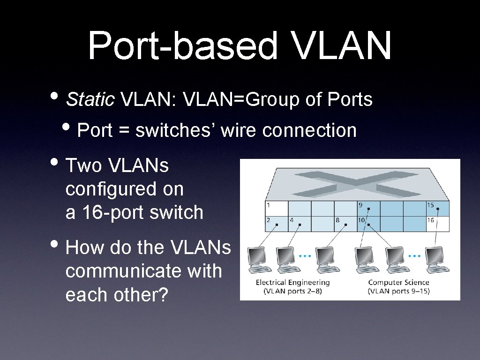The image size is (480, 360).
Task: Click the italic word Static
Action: coord(90,99)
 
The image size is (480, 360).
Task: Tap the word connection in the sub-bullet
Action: coord(309,130)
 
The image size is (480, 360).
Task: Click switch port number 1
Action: coord(276,208)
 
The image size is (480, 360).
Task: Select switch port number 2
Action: coord(276,223)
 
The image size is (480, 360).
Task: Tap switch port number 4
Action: coord(300,223)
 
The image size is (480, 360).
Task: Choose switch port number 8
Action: coord(345,223)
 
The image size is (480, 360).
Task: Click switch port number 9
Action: coord(368,208)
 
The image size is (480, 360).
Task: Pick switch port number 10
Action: coord(368,223)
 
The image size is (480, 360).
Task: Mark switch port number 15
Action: coord(438,208)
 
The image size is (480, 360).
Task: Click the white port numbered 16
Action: coord(438,223)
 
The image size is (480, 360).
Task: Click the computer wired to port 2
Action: coord(259,259)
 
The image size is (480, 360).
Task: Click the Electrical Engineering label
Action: coord(292,283)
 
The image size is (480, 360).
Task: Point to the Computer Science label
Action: coord(398,283)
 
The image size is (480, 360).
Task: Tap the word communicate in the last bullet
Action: coord(143,271)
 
